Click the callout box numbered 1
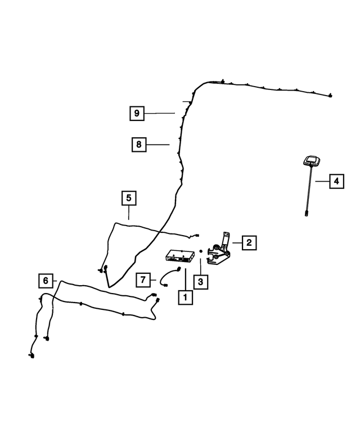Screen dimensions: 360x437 click(185, 298)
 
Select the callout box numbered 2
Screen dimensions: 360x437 click(249, 243)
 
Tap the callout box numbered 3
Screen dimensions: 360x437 click(201, 282)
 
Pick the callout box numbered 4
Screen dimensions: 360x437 click(336, 181)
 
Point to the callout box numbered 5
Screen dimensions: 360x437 click(129, 198)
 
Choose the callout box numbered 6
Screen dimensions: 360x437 click(46, 281)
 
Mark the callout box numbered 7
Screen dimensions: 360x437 click(143, 280)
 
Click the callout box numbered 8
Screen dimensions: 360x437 click(139, 145)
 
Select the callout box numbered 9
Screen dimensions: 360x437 click(137, 113)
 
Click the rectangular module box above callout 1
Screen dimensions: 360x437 click(180, 255)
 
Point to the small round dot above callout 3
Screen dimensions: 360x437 click(200, 251)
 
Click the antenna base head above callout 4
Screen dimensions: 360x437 click(311, 161)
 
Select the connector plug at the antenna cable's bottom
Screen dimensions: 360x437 click(307, 214)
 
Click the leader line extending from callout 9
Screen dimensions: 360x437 click(159, 113)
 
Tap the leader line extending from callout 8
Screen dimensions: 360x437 click(157, 145)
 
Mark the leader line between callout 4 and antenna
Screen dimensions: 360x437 click(322, 181)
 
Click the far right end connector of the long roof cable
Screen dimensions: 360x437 click(330, 96)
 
